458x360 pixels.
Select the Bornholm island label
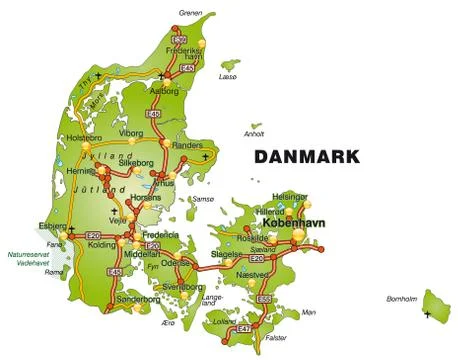(402, 299)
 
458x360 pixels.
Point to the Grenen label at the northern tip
(190, 13)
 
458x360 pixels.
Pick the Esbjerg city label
(52, 226)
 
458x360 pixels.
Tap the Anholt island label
(254, 133)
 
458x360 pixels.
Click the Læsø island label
(229, 76)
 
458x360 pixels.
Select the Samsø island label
(203, 199)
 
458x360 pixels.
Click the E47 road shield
(242, 327)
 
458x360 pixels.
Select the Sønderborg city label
(137, 299)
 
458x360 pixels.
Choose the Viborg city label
(132, 132)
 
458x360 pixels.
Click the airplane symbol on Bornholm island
(427, 314)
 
